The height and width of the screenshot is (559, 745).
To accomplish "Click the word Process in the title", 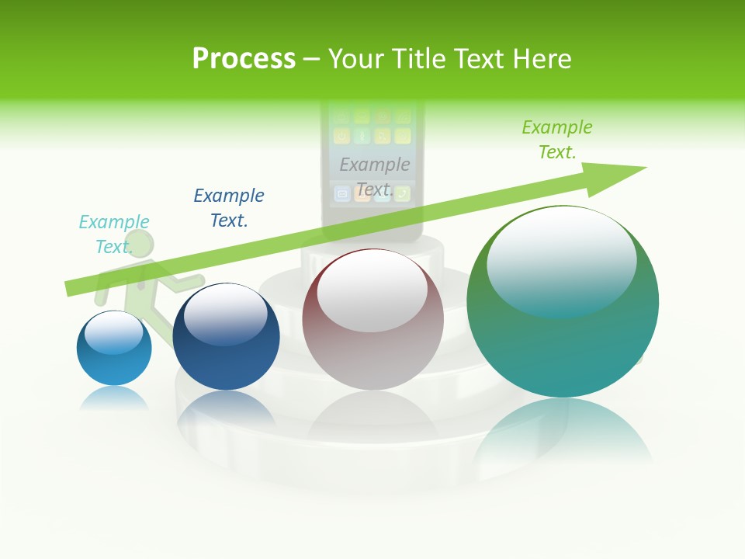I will point(244,59).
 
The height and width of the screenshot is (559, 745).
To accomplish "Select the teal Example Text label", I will point(114,234).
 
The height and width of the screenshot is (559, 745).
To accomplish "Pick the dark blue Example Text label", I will point(229,207).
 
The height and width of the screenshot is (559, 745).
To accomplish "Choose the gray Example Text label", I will point(375,176).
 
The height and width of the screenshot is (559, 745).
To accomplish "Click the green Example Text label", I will point(557,139).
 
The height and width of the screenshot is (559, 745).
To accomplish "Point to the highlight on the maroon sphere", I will point(372,292).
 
